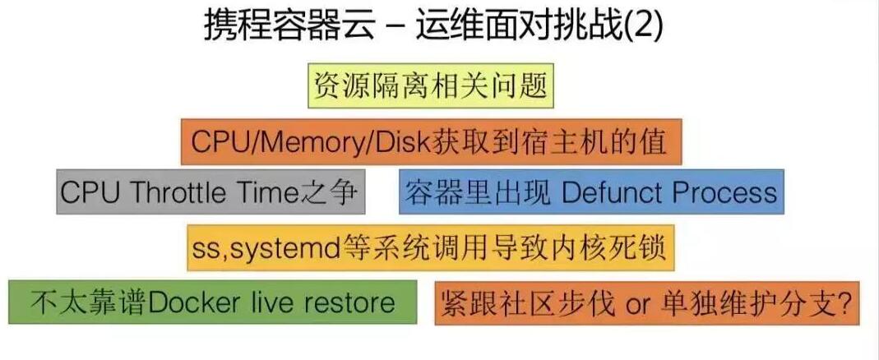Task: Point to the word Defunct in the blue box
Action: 609,192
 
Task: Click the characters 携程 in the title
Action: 231,26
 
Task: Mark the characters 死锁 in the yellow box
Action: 641,247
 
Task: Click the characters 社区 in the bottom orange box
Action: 518,303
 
